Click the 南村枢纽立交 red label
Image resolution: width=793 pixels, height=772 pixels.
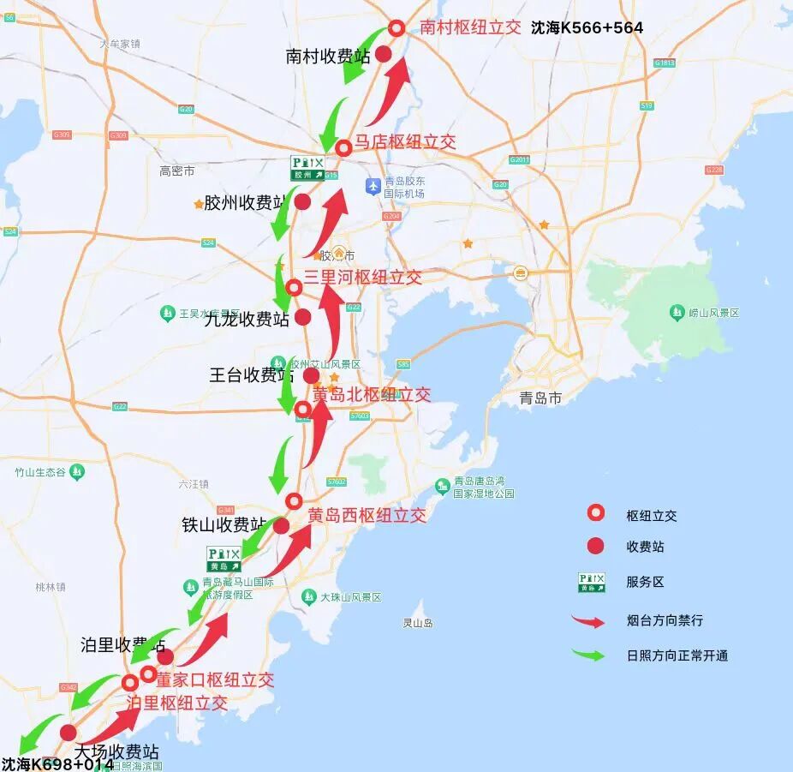coord(470,27)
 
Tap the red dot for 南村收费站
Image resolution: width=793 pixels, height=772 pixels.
coord(384,54)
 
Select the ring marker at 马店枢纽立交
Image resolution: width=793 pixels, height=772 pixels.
coord(343,148)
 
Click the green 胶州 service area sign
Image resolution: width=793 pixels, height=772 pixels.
coord(308,167)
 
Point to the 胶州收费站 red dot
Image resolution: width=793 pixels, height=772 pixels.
coord(302,202)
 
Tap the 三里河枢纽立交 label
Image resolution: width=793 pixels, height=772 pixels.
coord(363,277)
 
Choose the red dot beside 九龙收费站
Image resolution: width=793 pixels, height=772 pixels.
coord(302,317)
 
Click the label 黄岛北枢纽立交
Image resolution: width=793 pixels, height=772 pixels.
coord(372,395)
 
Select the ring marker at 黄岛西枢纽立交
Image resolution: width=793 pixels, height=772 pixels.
coord(294,501)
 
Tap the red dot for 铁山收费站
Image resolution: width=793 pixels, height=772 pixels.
coord(281,526)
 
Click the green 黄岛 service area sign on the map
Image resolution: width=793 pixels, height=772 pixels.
coord(224,560)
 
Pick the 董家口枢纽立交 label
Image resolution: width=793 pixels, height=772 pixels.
coord(215,679)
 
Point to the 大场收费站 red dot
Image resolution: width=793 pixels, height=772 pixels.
coord(69,733)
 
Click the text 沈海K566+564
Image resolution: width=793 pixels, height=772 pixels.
coord(587,27)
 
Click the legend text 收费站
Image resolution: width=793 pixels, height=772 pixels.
coord(645,547)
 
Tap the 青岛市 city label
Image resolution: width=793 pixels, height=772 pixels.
coord(540,398)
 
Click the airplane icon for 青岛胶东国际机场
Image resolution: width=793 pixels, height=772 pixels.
coord(373,185)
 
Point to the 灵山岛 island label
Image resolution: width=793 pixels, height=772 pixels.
coord(418,623)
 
